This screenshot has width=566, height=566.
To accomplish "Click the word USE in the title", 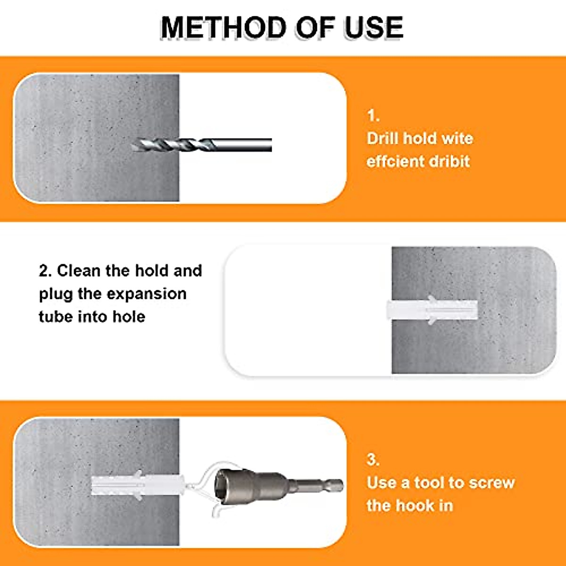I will pos(373,27).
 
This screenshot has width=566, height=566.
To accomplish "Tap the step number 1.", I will pos(373,116).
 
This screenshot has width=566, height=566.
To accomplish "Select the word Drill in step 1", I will pos(382,138).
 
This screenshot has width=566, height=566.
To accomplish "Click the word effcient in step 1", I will pos(390,161).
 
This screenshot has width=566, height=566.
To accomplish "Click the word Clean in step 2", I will pos(79,271).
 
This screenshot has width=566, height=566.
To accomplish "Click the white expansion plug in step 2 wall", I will pos(432,310).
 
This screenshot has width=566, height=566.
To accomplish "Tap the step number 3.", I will pos(373,459).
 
